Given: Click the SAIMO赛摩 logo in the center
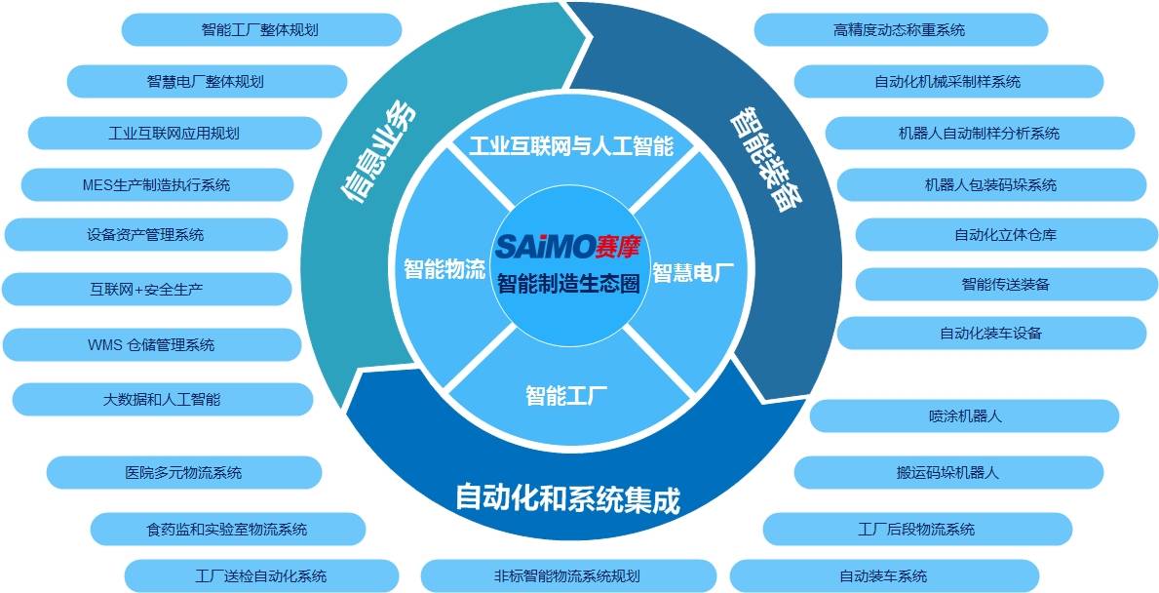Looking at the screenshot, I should [x=569, y=246].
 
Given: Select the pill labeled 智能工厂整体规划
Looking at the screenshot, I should [x=260, y=29].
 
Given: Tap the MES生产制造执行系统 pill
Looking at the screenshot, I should [x=157, y=184].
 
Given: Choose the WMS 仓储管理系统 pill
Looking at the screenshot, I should [x=151, y=344].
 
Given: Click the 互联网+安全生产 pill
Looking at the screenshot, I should [x=146, y=289].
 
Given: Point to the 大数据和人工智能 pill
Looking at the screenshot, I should [x=162, y=399].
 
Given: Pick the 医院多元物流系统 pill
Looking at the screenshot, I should [x=183, y=472].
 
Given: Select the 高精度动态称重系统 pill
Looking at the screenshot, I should [x=900, y=29].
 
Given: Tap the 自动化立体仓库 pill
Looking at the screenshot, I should [x=1005, y=234].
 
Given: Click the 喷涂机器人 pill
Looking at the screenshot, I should [x=965, y=415].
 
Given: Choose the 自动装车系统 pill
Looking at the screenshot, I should [x=883, y=575].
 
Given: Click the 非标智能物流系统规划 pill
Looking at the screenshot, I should [x=566, y=575].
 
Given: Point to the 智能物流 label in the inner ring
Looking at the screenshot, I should [x=444, y=270].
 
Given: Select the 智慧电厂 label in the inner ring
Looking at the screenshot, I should [x=692, y=273].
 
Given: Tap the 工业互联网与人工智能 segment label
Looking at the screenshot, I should [x=570, y=147].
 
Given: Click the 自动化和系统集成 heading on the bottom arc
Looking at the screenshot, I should [x=567, y=498].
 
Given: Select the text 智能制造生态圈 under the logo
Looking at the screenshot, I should [x=568, y=285].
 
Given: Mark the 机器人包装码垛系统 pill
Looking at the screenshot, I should [x=989, y=184].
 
